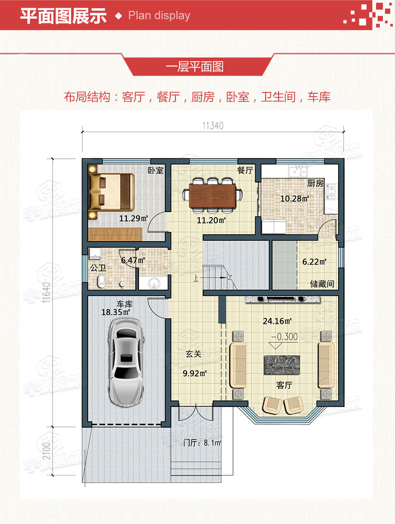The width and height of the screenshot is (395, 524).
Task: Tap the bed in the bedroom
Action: pyautogui.click(x=111, y=192)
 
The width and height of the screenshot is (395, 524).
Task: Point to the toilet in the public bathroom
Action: pyautogui.click(x=102, y=281)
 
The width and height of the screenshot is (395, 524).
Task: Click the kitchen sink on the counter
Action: pyautogui.click(x=298, y=170)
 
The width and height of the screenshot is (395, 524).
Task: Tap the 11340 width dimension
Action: pyautogui.click(x=213, y=126)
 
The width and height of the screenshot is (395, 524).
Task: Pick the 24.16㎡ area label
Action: pyautogui.click(x=276, y=321)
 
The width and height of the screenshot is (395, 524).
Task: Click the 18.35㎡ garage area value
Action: pyautogui.click(x=116, y=312)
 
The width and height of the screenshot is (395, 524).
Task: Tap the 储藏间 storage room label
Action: pyautogui.click(x=322, y=284)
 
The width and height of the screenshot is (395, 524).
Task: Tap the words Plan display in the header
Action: pyautogui.click(x=159, y=16)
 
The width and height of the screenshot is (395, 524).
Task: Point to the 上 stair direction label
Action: pyautogui.click(x=196, y=278)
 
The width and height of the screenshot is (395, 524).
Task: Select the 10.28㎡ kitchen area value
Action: pyautogui.click(x=295, y=199)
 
